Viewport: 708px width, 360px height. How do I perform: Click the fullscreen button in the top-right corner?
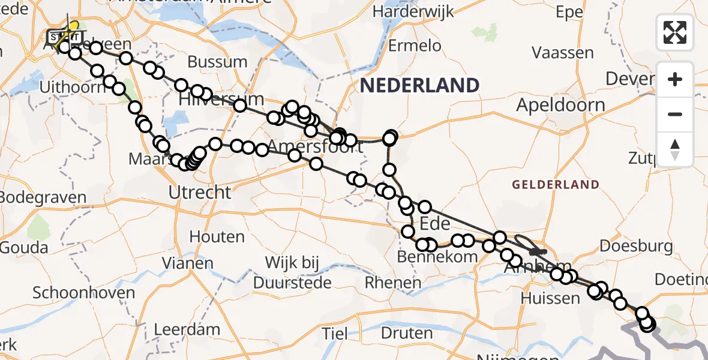pyautogui.click(x=675, y=32)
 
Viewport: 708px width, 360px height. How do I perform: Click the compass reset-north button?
pyautogui.click(x=675, y=150)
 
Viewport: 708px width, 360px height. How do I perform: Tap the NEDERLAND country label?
pyautogui.click(x=419, y=85)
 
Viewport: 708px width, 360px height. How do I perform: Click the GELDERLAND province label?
pyautogui.click(x=555, y=185)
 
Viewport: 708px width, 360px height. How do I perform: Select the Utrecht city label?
pyautogui.click(x=200, y=193)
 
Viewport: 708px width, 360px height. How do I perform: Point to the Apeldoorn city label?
pyautogui.click(x=561, y=106)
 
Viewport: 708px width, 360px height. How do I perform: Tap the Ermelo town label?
pyautogui.click(x=415, y=46)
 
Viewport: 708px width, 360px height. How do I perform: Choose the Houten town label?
pyautogui.click(x=217, y=237)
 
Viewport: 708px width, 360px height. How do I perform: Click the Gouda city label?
pyautogui.click(x=24, y=247)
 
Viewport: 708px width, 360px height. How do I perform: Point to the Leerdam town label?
pyautogui.click(x=187, y=329)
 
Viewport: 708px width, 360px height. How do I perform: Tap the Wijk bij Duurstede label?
pyautogui.click(x=293, y=272)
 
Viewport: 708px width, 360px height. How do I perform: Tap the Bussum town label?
pyautogui.click(x=217, y=62)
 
